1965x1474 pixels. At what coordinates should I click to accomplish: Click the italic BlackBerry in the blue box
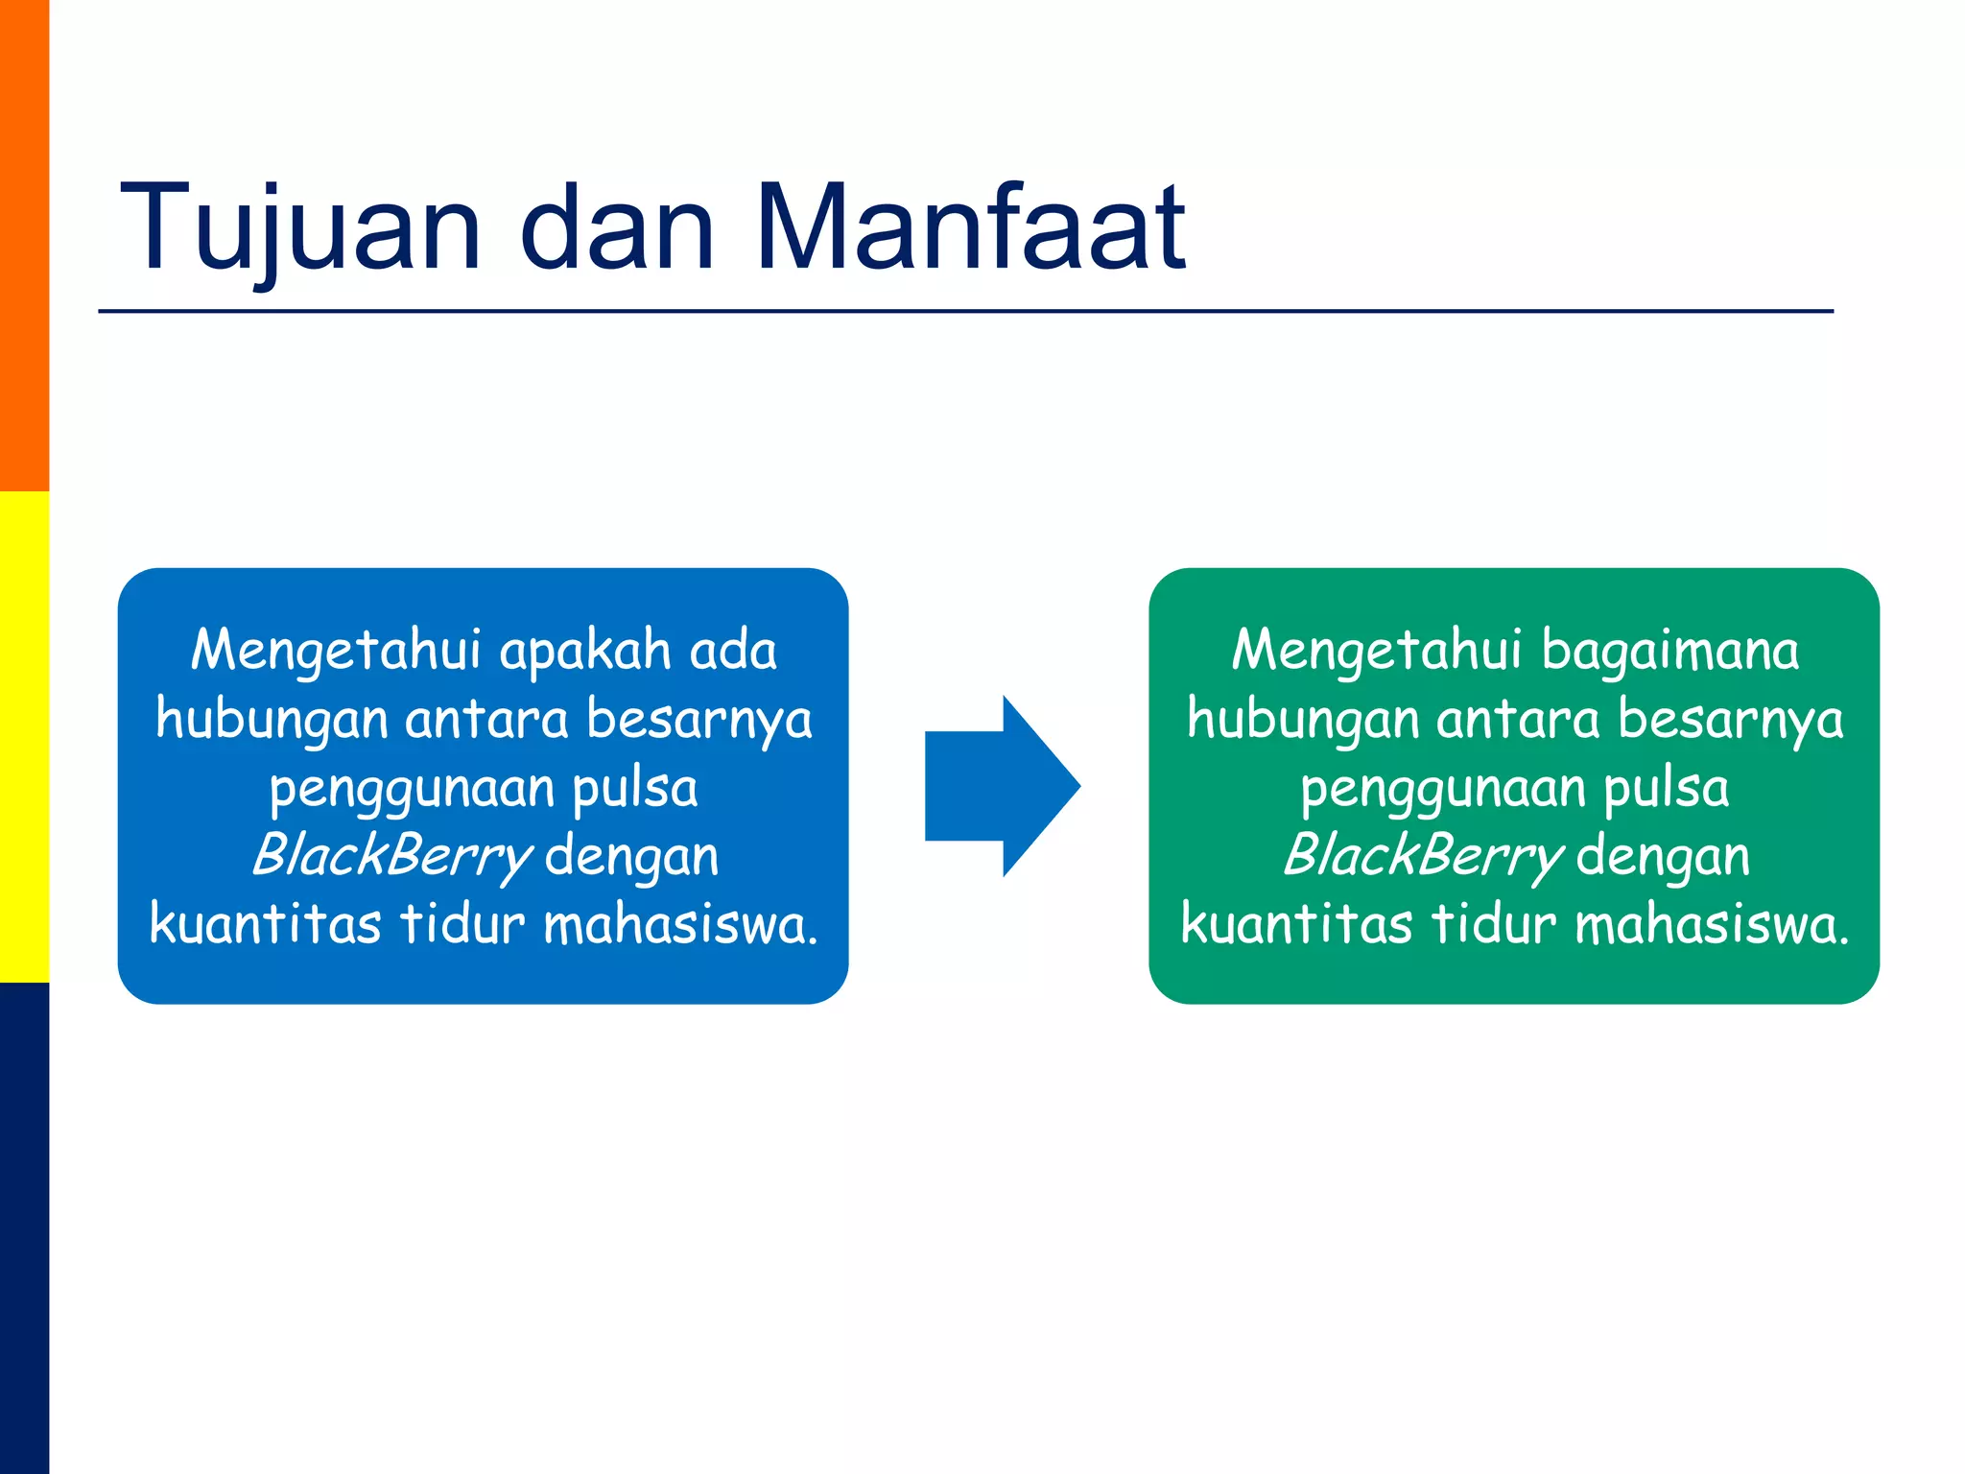(x=391, y=855)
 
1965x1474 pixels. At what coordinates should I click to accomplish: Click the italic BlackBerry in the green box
(x=1422, y=855)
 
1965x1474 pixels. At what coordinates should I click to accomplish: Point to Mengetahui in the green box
(x=1376, y=651)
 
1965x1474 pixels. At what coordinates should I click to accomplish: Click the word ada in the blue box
(x=734, y=651)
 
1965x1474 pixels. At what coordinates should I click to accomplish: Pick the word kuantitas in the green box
(x=1296, y=923)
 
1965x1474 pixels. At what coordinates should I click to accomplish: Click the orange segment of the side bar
(x=24, y=246)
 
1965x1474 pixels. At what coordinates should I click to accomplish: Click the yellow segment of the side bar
(x=24, y=737)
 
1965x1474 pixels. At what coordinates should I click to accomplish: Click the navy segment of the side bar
(x=24, y=1228)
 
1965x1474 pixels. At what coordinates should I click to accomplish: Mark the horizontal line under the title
(x=965, y=311)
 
